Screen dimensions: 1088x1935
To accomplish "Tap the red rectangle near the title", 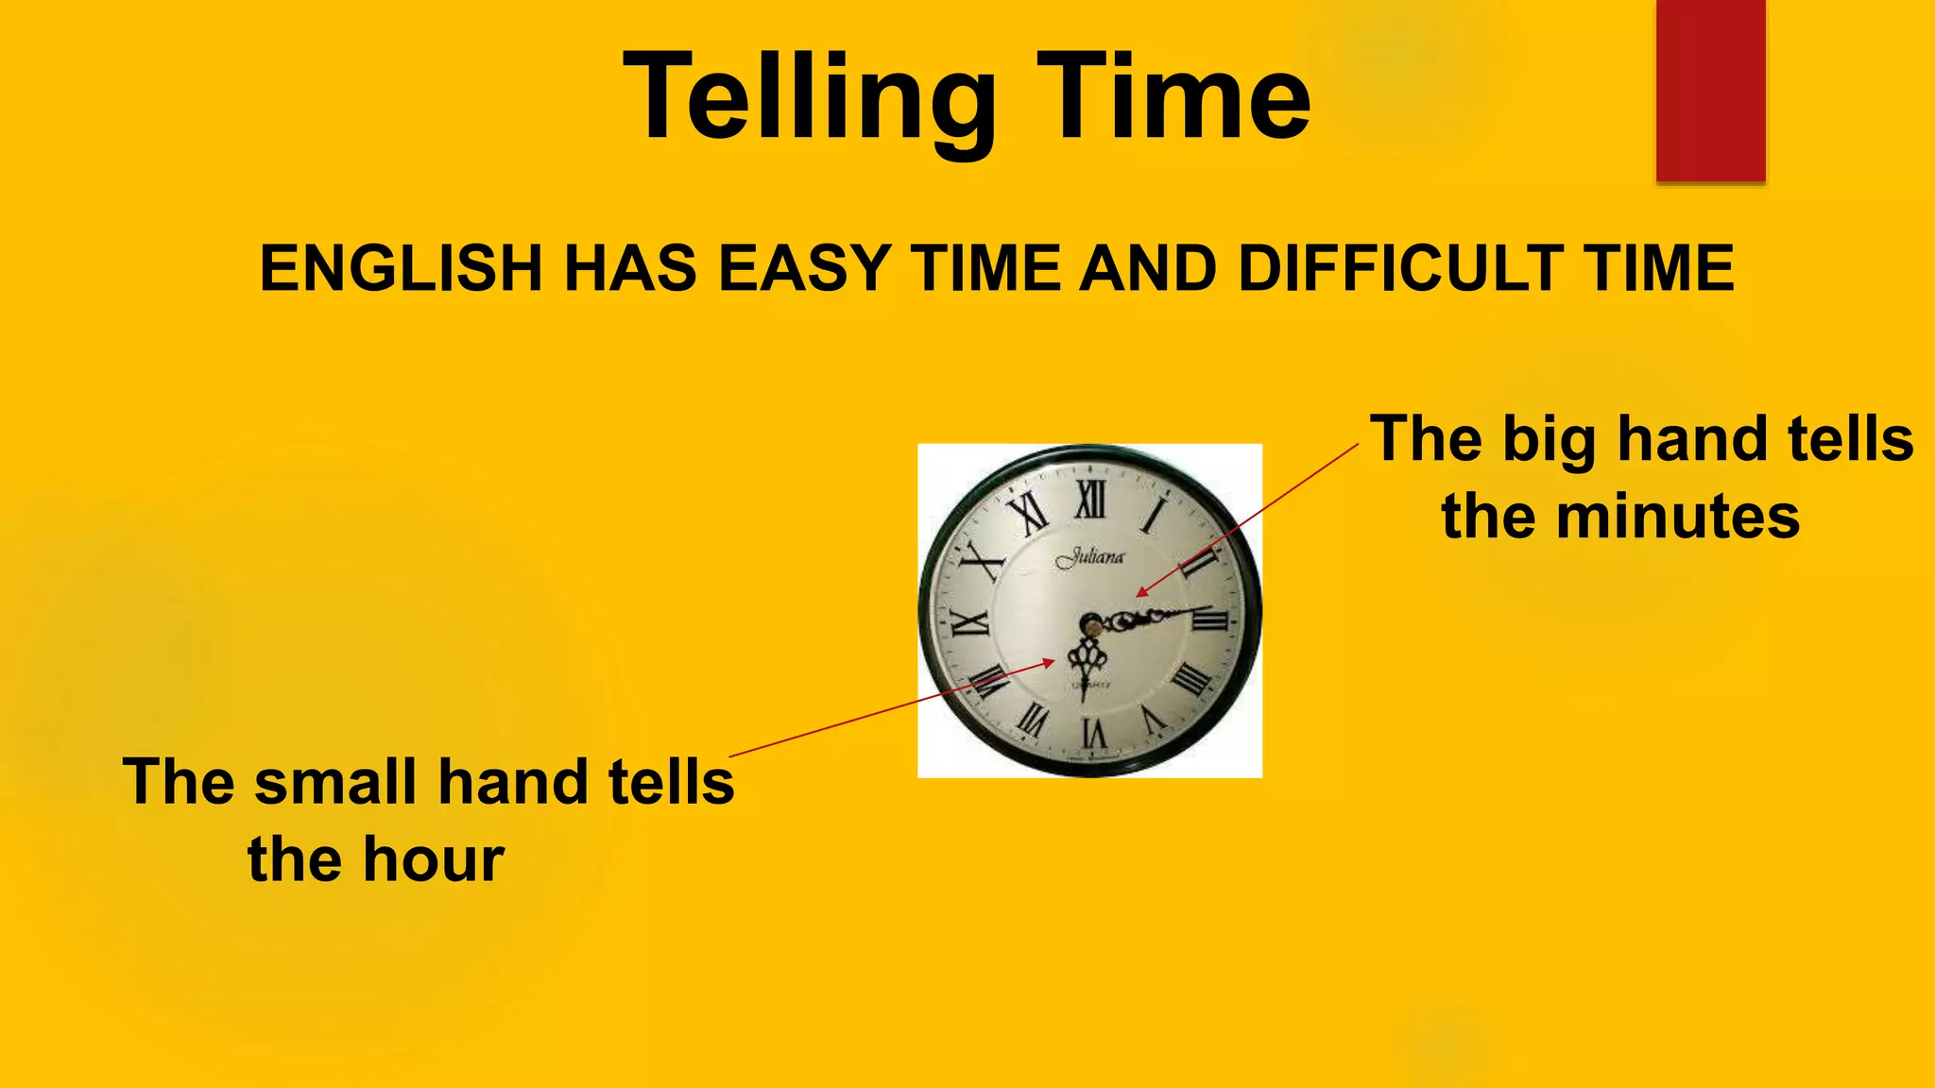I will click(x=1710, y=90).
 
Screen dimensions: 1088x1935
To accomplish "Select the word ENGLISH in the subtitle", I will click(x=401, y=268).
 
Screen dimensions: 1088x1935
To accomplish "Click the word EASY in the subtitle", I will click(x=804, y=268).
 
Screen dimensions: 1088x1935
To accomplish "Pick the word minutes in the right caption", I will click(x=1677, y=517).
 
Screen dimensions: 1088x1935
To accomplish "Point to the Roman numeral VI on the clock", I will click(x=1093, y=732).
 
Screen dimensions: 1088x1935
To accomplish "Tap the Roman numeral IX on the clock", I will click(x=969, y=622).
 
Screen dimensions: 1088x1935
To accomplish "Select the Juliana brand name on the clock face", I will click(x=1091, y=557).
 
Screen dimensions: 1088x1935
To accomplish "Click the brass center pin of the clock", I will click(x=1091, y=624).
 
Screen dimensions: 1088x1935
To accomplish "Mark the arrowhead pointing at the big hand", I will click(x=1140, y=592).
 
